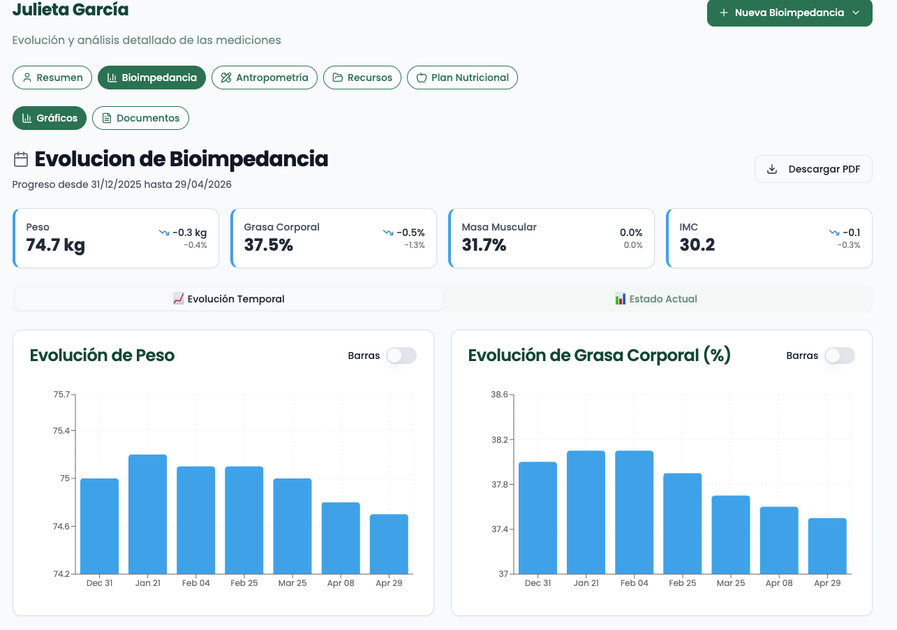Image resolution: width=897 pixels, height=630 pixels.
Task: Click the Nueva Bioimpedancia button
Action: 789,13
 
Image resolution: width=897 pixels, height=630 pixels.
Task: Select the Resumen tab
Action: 52,78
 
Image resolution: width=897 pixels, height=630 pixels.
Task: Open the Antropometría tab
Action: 265,78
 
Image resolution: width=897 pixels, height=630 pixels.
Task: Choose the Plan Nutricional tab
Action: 462,78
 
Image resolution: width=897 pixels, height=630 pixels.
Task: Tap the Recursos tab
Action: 362,78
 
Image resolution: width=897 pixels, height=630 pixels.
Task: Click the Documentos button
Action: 140,118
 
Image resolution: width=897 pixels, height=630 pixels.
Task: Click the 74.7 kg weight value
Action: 56,245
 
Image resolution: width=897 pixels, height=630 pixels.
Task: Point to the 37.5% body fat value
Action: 268,245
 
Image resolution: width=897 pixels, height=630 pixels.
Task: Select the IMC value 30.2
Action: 697,245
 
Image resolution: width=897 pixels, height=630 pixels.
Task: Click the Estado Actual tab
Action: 656,299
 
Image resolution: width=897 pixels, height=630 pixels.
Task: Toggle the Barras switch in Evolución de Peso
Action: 401,356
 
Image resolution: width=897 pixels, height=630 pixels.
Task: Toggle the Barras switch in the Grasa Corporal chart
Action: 840,356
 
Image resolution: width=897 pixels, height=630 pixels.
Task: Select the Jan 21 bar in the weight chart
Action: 148,514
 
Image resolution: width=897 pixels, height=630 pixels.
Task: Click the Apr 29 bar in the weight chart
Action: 389,544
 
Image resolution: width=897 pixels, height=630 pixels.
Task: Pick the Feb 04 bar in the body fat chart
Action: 635,512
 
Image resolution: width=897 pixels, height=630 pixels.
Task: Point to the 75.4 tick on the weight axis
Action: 61,431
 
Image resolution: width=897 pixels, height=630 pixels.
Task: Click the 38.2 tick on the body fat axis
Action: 500,439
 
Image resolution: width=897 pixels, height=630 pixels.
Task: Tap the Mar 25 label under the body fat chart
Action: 731,583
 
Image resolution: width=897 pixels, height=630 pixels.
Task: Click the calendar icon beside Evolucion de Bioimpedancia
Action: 21,159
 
